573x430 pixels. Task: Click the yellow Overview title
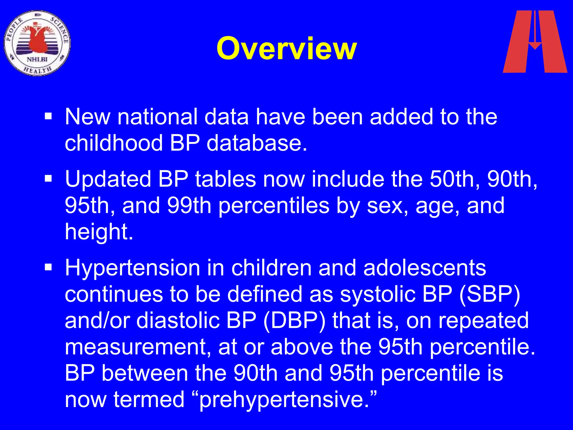286,49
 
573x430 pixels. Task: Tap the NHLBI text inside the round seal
37,59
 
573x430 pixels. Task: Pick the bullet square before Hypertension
48,267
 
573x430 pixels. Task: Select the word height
98,232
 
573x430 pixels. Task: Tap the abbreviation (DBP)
295,321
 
